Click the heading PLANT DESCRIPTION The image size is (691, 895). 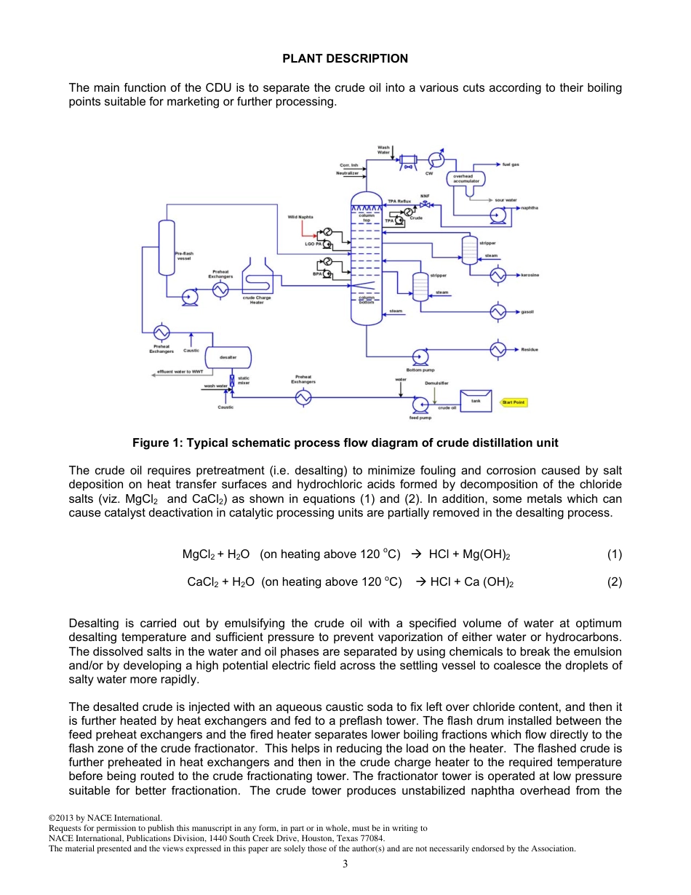click(345, 59)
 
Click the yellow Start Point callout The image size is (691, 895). click(514, 402)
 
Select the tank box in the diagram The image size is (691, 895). click(476, 400)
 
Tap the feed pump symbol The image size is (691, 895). click(420, 405)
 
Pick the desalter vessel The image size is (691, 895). click(228, 357)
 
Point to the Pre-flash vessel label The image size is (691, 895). click(184, 255)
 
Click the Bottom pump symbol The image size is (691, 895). click(420, 357)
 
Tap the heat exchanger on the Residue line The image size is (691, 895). click(498, 350)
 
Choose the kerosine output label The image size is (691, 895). click(530, 276)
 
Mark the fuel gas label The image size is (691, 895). click(511, 164)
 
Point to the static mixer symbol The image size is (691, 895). click(231, 381)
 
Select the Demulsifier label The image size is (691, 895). click(436, 383)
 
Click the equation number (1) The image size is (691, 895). click(615, 554)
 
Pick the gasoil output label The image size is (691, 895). click(527, 312)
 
